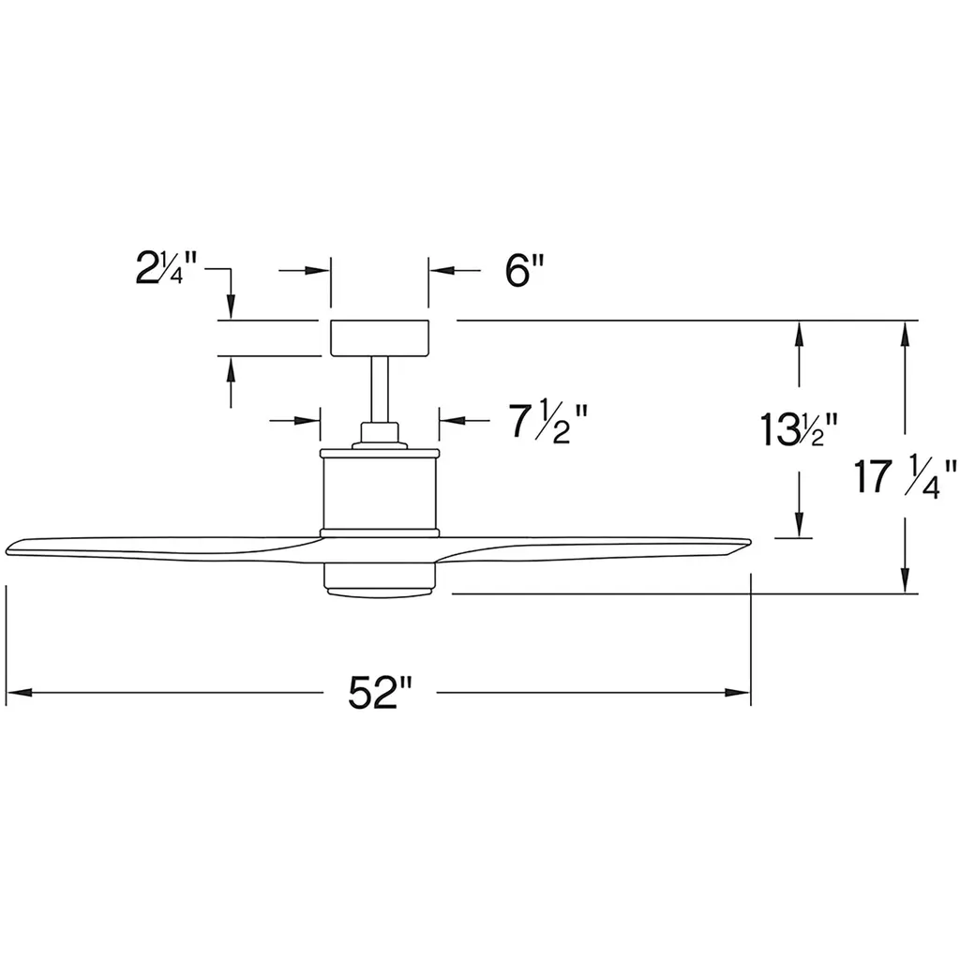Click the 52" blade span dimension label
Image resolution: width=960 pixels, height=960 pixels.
380,693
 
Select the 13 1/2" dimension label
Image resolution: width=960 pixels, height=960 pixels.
799,429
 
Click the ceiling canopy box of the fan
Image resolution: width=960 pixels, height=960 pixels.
380,337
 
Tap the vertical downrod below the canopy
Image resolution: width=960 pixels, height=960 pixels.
380,389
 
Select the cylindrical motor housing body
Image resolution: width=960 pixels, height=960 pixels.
380,493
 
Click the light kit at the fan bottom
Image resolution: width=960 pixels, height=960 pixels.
380,579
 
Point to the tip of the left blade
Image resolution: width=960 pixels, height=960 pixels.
7,547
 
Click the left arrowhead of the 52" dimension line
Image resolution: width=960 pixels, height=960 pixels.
19,693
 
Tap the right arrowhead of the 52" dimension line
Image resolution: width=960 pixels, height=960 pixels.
738,693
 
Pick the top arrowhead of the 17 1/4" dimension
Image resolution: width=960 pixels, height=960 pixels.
905,334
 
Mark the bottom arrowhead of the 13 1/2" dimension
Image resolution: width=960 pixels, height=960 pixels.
799,525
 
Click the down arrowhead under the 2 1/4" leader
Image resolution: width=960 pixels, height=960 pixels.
231,307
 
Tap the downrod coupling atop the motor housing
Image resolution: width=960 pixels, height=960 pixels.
380,436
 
